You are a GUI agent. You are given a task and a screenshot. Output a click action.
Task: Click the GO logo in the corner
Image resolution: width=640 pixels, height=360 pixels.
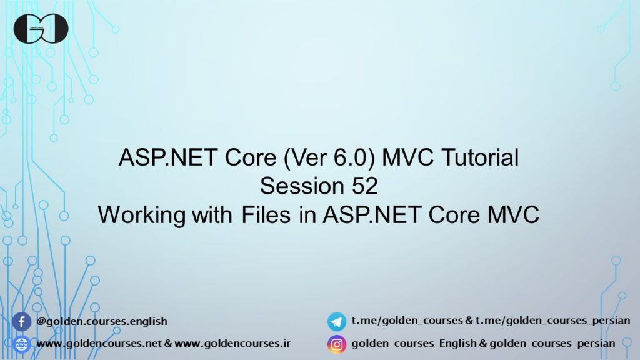pyautogui.click(x=41, y=28)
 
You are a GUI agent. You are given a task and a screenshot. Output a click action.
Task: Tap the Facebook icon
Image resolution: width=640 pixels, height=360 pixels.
pyautogui.click(x=22, y=322)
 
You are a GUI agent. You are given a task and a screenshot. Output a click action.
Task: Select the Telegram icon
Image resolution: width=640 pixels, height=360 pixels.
pyautogui.click(x=337, y=322)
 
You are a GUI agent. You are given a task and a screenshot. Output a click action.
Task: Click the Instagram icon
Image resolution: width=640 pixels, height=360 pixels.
pyautogui.click(x=337, y=344)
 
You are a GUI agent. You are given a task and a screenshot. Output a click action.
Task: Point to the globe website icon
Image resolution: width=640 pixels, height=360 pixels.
pyautogui.click(x=22, y=344)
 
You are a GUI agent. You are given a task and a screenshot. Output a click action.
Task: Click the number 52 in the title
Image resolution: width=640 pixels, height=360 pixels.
pyautogui.click(x=363, y=186)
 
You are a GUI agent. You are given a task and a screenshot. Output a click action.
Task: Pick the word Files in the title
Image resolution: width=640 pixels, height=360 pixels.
pyautogui.click(x=262, y=215)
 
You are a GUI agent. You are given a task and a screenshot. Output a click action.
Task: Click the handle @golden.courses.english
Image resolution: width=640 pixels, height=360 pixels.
pyautogui.click(x=102, y=321)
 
